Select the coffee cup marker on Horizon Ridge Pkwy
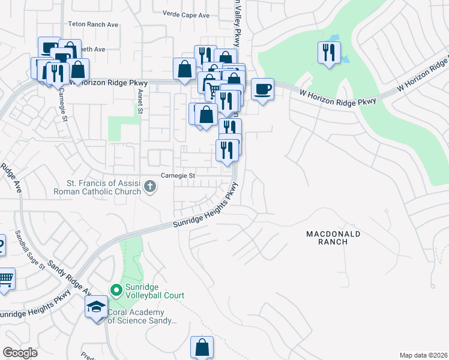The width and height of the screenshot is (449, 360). (262, 90)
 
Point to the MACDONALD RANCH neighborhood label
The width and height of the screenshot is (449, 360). (333, 237)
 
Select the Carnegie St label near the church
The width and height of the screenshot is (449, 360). (178, 176)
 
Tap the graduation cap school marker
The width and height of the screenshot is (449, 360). (96, 308)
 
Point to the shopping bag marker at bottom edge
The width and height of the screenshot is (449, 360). (202, 347)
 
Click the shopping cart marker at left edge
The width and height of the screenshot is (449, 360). (5, 279)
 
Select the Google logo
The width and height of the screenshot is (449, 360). (20, 353)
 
